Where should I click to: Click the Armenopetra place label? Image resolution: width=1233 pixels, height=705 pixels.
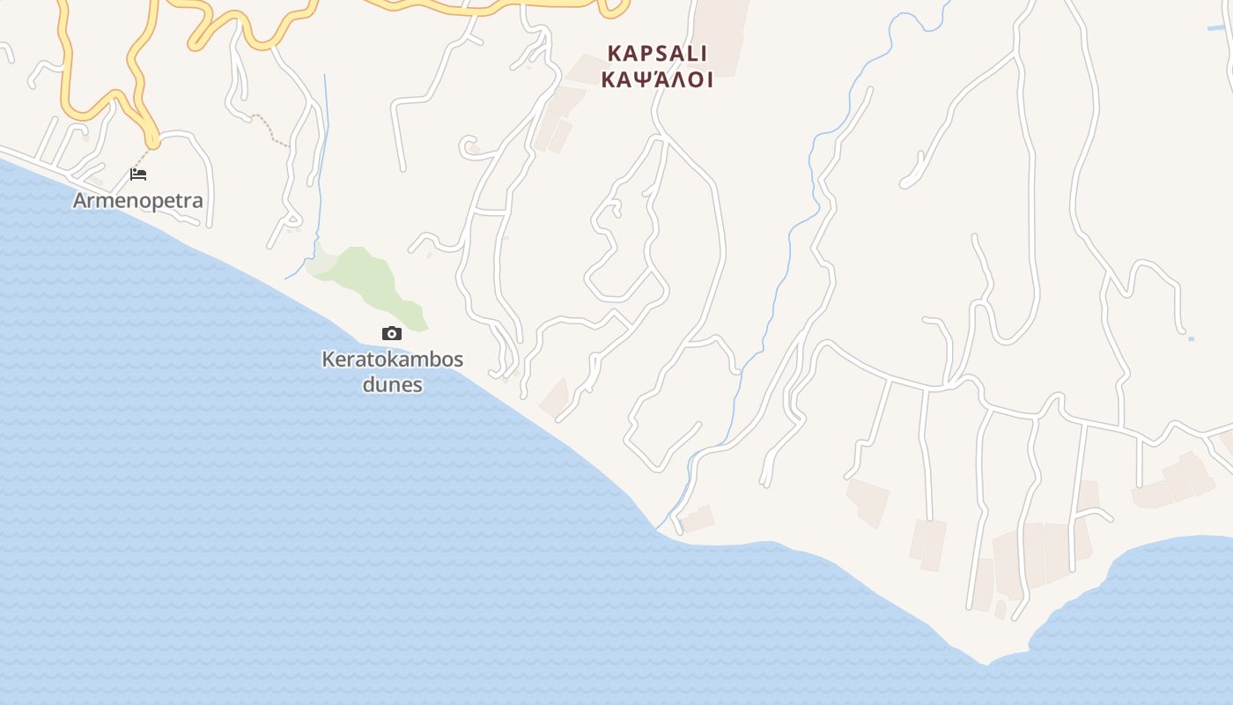[137, 200]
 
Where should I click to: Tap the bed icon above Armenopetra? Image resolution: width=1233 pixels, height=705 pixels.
[138, 174]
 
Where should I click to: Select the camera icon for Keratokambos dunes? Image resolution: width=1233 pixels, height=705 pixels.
[392, 333]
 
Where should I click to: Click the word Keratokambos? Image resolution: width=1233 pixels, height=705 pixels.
[393, 360]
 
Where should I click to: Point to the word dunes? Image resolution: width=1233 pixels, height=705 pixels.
[393, 385]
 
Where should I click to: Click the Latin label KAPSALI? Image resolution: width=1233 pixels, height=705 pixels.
[657, 54]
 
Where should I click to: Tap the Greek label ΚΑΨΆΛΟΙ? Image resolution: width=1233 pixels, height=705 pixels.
[657, 80]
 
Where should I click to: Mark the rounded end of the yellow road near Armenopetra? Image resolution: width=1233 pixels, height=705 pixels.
[152, 140]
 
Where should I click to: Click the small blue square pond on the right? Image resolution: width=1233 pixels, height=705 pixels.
[1192, 338]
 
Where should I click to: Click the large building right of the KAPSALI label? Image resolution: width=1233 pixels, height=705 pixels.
[722, 35]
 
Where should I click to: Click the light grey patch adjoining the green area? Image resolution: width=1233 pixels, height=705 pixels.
[321, 261]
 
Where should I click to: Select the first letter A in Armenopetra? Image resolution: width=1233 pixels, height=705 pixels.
[80, 200]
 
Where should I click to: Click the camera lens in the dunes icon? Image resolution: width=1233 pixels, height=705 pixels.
[392, 334]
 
